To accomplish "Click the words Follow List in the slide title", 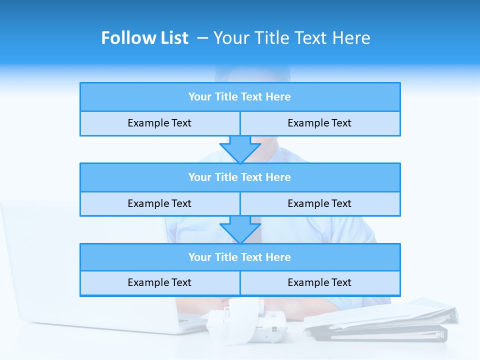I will pos(144,38).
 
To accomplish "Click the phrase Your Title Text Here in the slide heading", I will pos(291,38).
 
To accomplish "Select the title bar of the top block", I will pos(240,97).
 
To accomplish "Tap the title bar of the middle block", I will pos(240,177).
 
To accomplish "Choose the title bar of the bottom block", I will pos(240,257).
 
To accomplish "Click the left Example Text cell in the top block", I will pos(159,123).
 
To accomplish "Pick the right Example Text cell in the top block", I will pos(319,123).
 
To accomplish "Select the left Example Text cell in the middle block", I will pos(159,204).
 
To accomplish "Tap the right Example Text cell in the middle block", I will pos(319,204).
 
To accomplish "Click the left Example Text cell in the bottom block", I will pos(159,283).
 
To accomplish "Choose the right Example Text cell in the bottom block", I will pos(319,283).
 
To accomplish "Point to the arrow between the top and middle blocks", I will pos(240,149).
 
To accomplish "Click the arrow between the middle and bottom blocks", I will pos(240,229).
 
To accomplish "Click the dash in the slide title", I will pos(203,38).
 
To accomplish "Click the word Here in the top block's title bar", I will pos(278,97).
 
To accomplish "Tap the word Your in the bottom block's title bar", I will pos(199,257).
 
